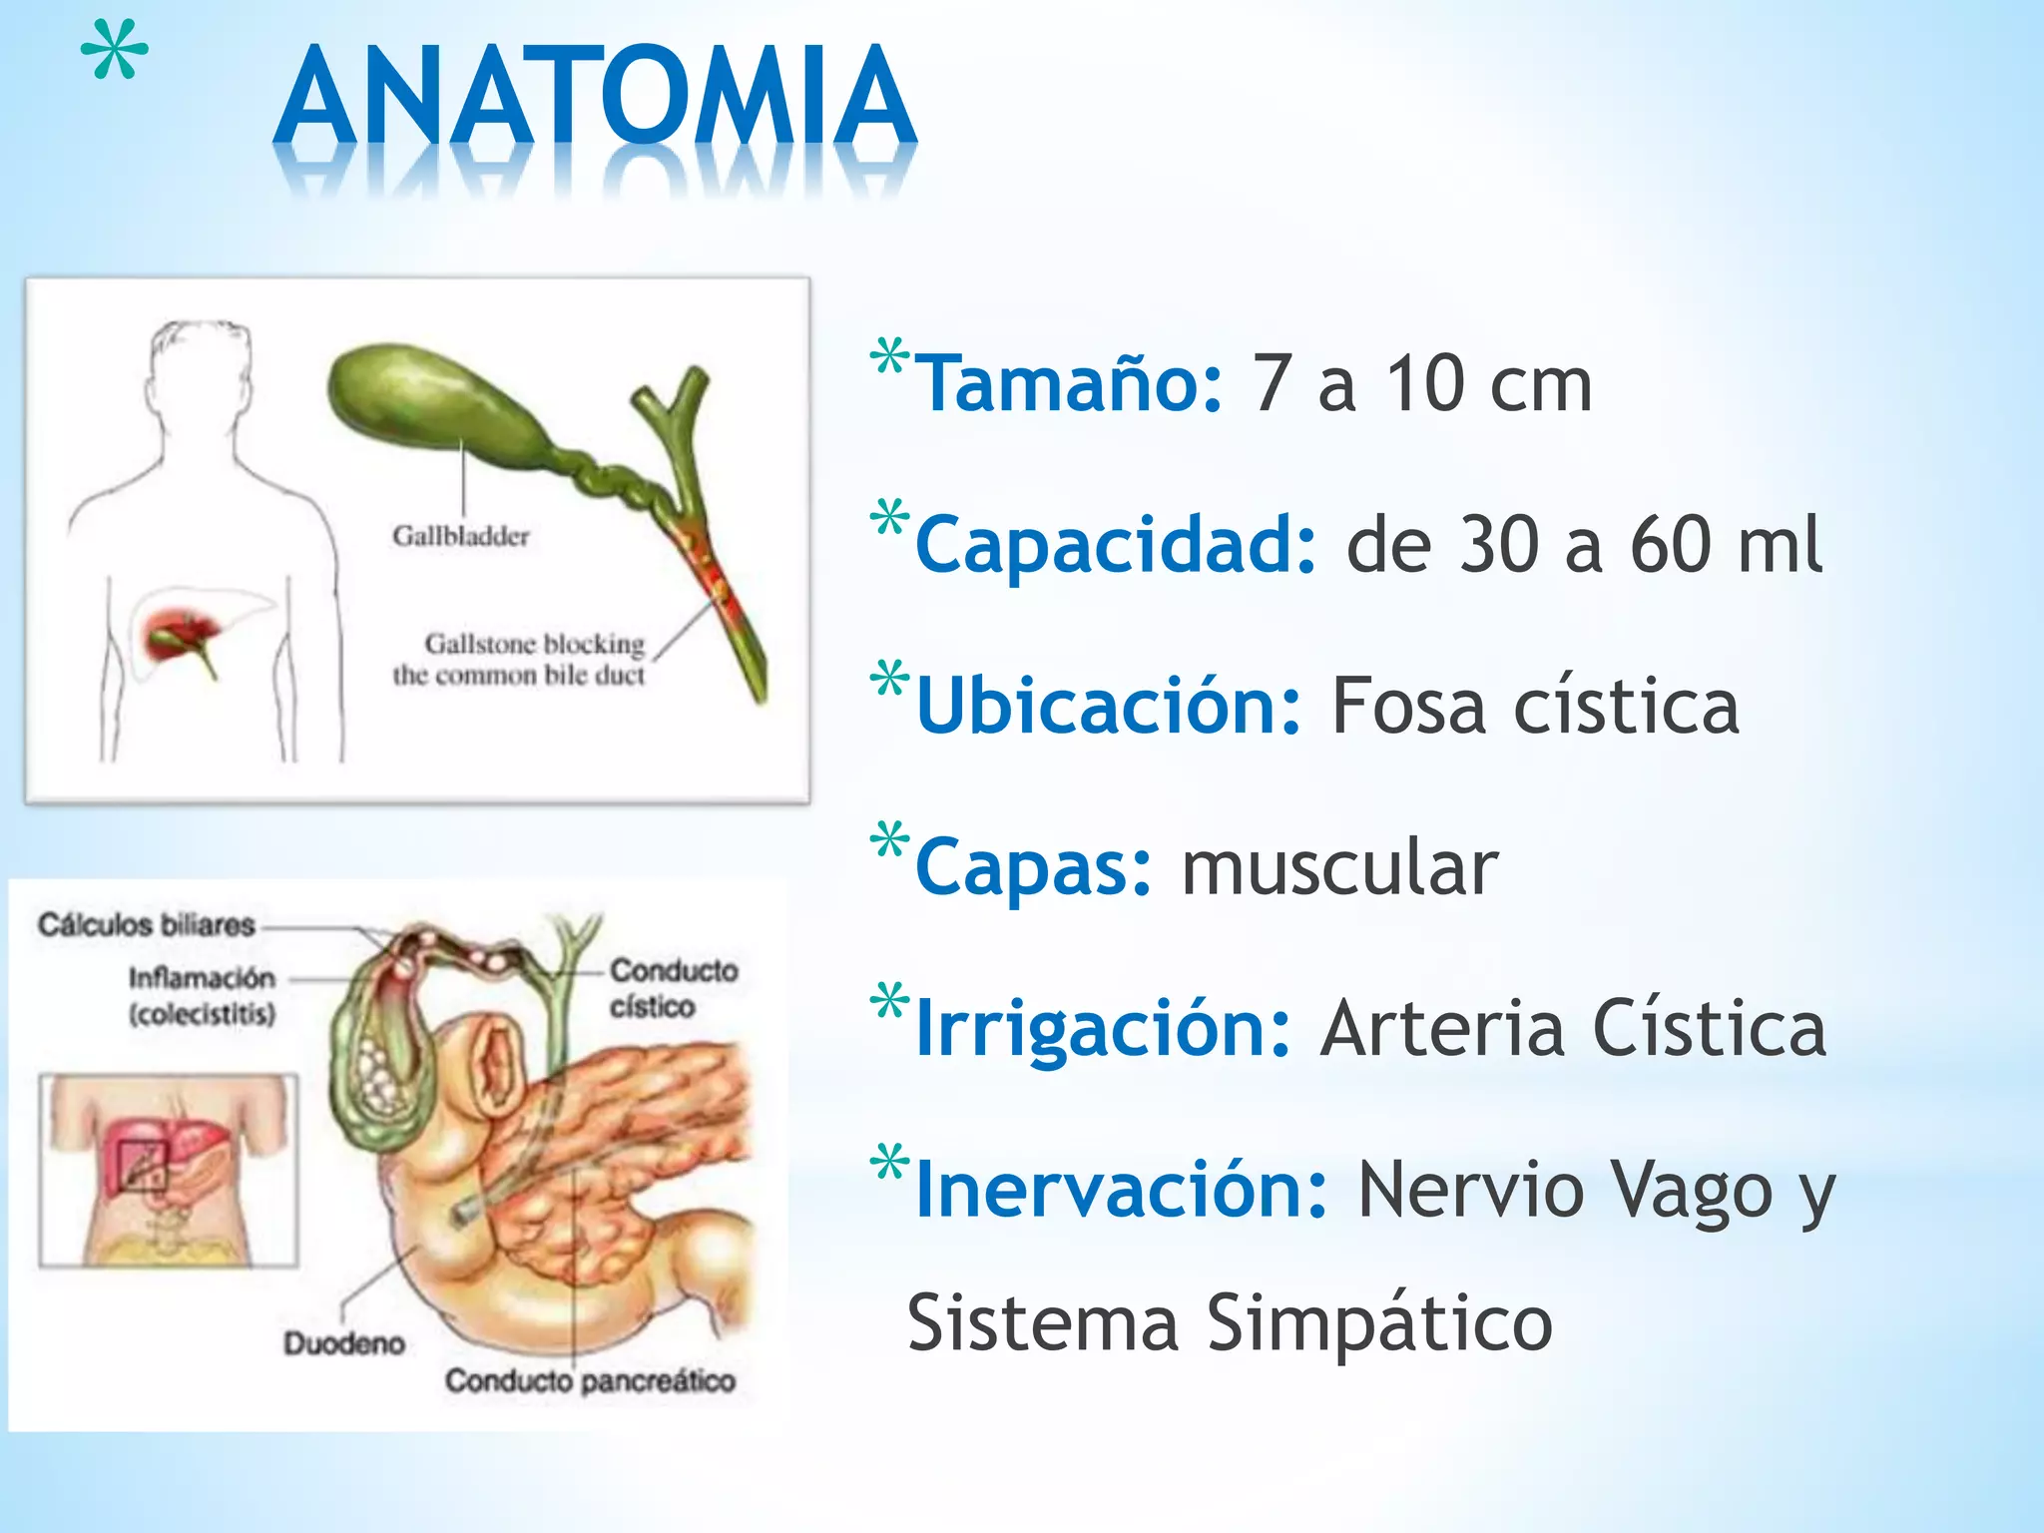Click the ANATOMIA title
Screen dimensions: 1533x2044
point(595,98)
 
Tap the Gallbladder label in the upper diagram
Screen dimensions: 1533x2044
point(460,536)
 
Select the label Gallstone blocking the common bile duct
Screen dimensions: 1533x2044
point(519,659)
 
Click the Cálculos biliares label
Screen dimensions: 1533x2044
point(147,925)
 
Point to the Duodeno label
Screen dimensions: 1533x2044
point(344,1343)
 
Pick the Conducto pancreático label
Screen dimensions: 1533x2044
point(590,1381)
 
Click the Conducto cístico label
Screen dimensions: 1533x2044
point(674,988)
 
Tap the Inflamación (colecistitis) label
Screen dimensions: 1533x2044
point(202,995)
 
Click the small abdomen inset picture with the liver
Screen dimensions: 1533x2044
point(169,1170)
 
